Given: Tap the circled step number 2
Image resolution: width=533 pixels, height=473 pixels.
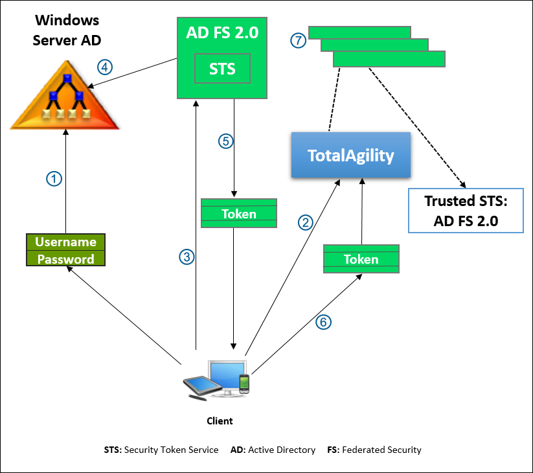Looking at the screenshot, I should point(305,222).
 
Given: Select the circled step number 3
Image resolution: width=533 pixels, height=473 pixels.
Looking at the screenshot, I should point(187,257).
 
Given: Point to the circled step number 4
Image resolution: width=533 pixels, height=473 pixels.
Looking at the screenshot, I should point(105,66).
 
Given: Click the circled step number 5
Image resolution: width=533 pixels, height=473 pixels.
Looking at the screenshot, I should point(225,141).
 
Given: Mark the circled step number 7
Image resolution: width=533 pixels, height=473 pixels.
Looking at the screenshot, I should point(297,41).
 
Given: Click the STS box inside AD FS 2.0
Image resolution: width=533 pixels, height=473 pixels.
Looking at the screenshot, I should point(222,69).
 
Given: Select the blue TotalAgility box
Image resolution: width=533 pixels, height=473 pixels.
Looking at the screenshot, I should point(351,156).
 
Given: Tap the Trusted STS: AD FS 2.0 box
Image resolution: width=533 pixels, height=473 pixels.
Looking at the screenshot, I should point(466,211).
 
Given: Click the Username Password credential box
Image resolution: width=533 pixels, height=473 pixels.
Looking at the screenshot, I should point(65,250).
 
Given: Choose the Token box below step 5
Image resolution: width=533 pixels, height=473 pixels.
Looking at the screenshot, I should point(239,213).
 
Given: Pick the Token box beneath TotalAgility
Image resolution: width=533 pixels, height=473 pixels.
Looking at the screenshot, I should point(361,259).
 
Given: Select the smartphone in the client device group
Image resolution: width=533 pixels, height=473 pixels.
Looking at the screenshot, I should point(244,384).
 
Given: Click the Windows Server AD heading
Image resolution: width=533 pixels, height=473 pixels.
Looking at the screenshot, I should point(67,30).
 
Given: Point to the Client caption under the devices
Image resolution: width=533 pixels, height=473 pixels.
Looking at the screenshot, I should point(220,421).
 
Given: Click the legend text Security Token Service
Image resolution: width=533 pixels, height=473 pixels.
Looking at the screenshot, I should point(171,450).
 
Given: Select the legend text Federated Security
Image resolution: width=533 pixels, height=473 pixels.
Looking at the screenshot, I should point(381,450).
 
